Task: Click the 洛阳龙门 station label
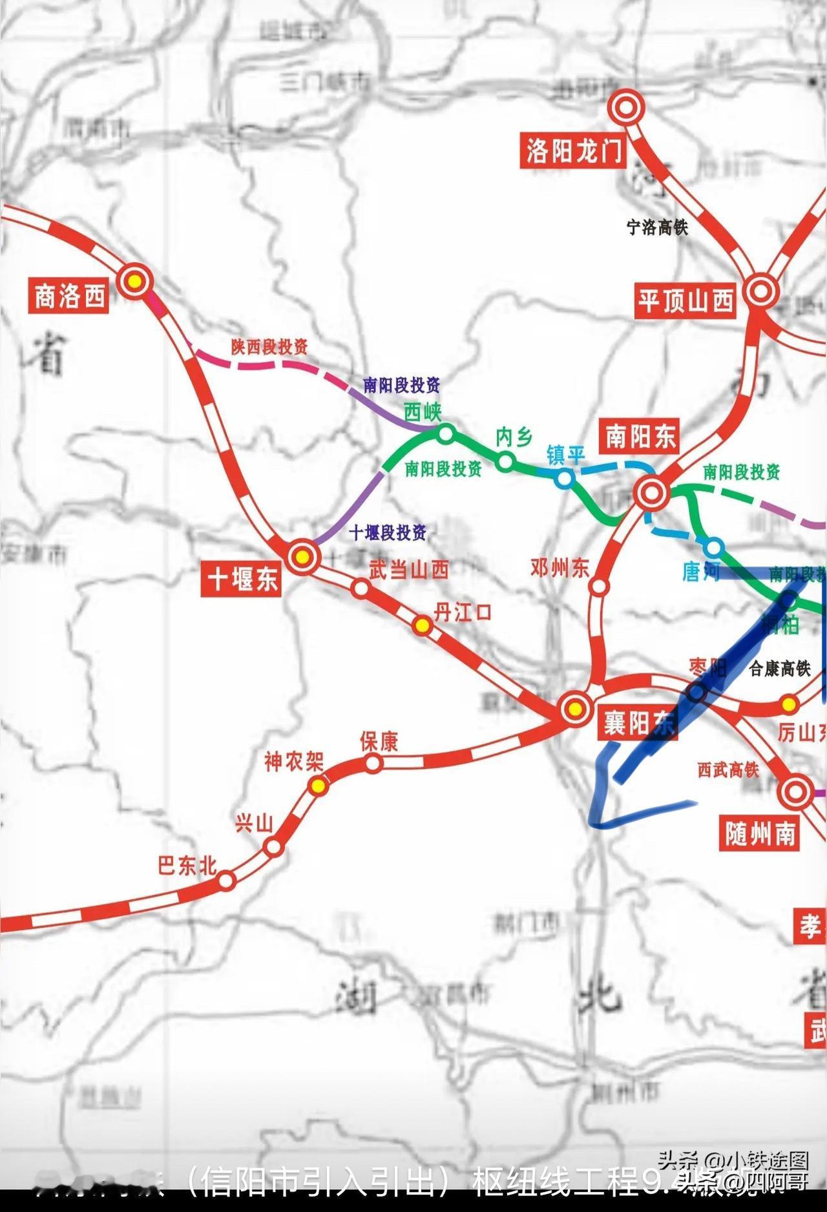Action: click(x=572, y=152)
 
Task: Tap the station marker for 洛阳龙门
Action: click(x=625, y=107)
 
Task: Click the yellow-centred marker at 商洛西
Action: click(x=134, y=281)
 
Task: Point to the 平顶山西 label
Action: click(x=686, y=300)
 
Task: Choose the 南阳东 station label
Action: click(x=640, y=437)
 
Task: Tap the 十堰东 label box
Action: click(x=242, y=577)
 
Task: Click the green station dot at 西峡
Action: click(x=446, y=434)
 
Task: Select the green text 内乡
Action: click(x=514, y=437)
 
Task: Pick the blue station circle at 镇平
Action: click(x=565, y=479)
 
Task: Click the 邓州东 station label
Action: click(x=560, y=568)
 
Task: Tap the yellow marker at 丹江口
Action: click(x=422, y=625)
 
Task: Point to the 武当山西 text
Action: click(x=408, y=570)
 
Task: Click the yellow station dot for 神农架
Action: click(x=318, y=786)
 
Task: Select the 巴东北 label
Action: click(x=187, y=865)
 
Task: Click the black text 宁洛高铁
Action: click(x=657, y=227)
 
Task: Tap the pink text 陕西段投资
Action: click(x=269, y=347)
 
